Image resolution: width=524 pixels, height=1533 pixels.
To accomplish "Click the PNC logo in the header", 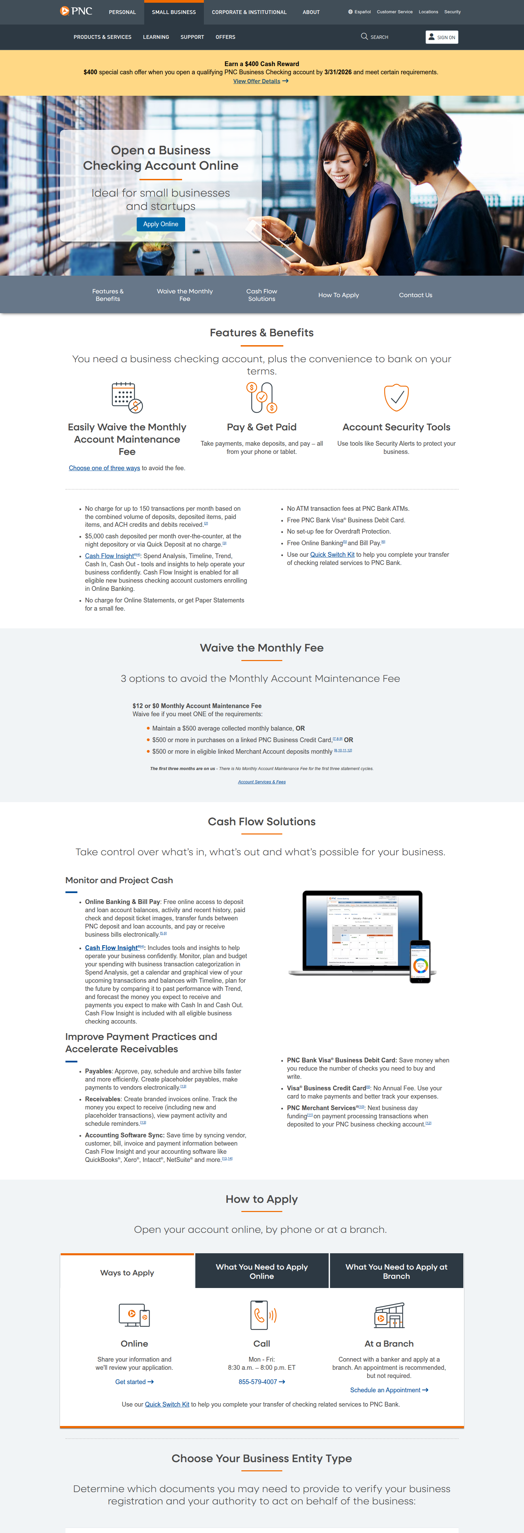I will pyautogui.click(x=76, y=11).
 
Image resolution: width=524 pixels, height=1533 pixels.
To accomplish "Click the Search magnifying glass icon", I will pyautogui.click(x=364, y=37).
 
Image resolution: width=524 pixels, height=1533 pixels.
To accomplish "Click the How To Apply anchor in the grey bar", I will pyautogui.click(x=338, y=295).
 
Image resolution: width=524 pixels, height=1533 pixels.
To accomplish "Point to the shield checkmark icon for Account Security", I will pyautogui.click(x=396, y=397).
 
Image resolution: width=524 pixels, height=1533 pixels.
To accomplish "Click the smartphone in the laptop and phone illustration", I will pyautogui.click(x=420, y=961).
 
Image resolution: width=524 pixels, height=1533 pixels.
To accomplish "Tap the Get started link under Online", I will pyautogui.click(x=134, y=1382).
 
